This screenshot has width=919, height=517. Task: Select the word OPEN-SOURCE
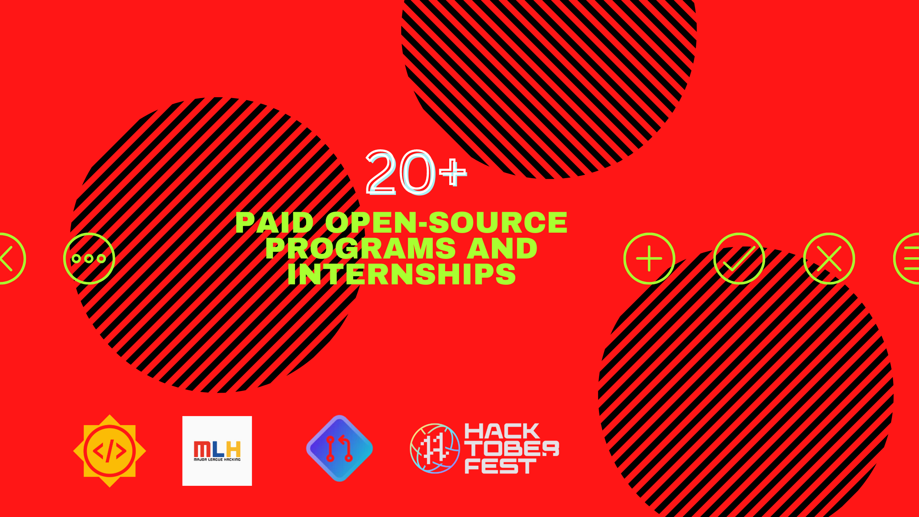pyautogui.click(x=446, y=222)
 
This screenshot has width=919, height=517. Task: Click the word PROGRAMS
pyautogui.click(x=361, y=248)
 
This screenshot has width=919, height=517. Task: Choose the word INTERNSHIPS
pyautogui.click(x=401, y=274)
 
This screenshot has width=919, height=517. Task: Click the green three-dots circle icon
pyautogui.click(x=89, y=258)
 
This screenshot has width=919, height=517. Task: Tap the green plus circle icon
pyautogui.click(x=649, y=258)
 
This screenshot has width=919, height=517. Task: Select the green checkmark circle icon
pyautogui.click(x=739, y=258)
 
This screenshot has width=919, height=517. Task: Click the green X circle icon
pyautogui.click(x=829, y=258)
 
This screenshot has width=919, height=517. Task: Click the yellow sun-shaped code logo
pyautogui.click(x=110, y=451)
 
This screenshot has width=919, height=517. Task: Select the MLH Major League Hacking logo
pyautogui.click(x=217, y=451)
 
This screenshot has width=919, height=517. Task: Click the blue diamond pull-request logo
pyautogui.click(x=339, y=448)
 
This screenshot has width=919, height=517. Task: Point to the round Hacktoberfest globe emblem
pyautogui.click(x=435, y=448)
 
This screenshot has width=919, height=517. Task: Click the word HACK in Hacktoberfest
pyautogui.click(x=502, y=431)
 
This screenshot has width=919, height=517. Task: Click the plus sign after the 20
pyautogui.click(x=453, y=172)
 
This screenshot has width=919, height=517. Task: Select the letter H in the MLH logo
pyautogui.click(x=233, y=449)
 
